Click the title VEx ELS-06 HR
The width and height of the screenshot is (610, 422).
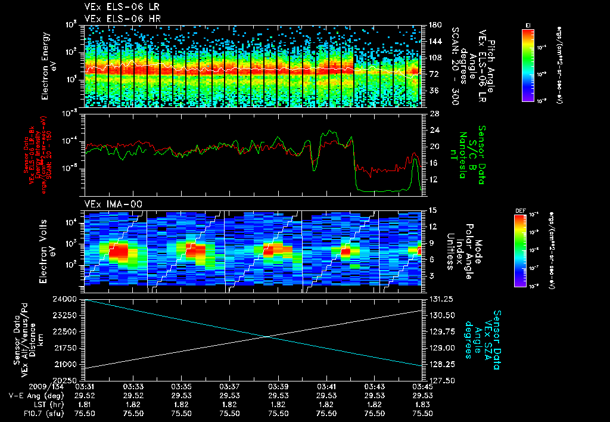(116, 18)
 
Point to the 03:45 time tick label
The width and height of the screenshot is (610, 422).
(423, 387)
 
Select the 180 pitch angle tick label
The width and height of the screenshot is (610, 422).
(434, 25)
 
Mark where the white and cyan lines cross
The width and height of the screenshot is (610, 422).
(267, 337)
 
